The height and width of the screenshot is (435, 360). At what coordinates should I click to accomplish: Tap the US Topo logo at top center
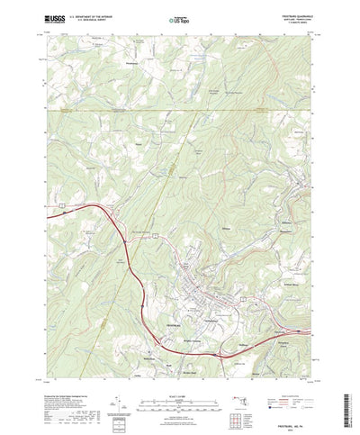pos(179,17)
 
